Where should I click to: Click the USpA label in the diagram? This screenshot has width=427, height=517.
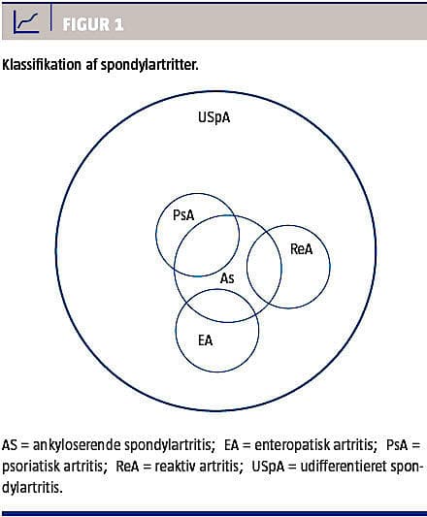213,117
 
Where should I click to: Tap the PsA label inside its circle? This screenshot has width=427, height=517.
183,215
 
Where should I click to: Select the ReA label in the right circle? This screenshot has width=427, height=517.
301,249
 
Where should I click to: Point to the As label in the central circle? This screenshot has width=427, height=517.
227,278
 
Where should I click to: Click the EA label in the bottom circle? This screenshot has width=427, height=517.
205,340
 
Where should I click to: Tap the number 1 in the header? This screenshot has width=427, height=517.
119,24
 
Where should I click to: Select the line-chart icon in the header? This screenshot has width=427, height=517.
26,21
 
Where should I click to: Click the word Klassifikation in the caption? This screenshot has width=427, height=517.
42,65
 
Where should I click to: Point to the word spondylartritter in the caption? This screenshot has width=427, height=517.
149,65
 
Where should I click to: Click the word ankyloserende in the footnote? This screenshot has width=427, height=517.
77,445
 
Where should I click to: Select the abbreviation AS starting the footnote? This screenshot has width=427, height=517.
10,445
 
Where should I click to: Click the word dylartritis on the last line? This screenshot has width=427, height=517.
32,488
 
